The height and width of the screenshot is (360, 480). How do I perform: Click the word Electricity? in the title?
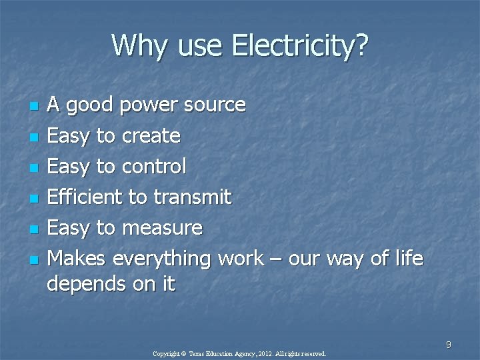click(300, 46)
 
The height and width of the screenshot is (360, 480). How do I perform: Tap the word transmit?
click(193, 197)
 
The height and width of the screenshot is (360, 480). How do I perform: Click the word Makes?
click(78, 258)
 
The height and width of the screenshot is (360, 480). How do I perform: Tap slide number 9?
click(449, 345)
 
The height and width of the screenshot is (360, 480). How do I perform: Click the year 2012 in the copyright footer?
click(263, 354)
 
